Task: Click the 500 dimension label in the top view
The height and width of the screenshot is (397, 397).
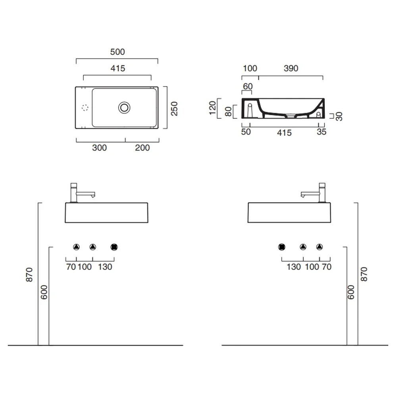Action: pyautogui.click(x=118, y=52)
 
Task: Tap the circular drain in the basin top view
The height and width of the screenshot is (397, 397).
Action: pyautogui.click(x=124, y=108)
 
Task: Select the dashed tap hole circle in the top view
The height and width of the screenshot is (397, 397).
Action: pyautogui.click(x=85, y=108)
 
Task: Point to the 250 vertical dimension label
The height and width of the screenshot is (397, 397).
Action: pyautogui.click(x=174, y=109)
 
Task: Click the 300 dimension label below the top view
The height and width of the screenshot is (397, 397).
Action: pyautogui.click(x=99, y=148)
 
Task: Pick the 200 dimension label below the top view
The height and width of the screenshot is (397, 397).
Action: pyautogui.click(x=142, y=148)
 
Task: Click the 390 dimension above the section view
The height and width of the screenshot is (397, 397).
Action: pyautogui.click(x=291, y=68)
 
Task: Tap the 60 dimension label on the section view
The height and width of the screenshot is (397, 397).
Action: pyautogui.click(x=248, y=86)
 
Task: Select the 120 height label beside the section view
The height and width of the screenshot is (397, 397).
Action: pyautogui.click(x=212, y=108)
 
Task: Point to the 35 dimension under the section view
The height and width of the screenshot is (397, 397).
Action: pyautogui.click(x=322, y=132)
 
